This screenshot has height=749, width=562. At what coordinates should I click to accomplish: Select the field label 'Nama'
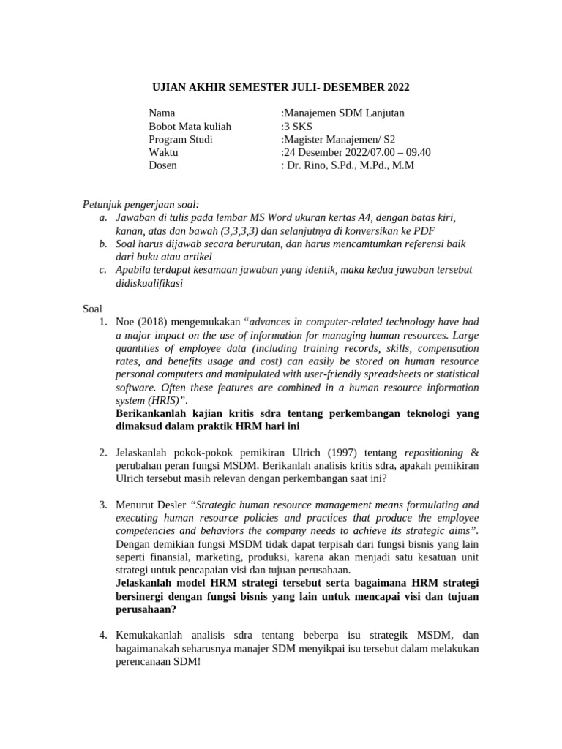(x=162, y=113)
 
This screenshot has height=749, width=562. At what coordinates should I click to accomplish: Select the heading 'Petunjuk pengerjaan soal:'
(x=140, y=204)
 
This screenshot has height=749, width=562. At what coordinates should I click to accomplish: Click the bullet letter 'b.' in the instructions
(x=103, y=244)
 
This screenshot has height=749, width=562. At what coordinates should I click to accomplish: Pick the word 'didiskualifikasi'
(x=149, y=283)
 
